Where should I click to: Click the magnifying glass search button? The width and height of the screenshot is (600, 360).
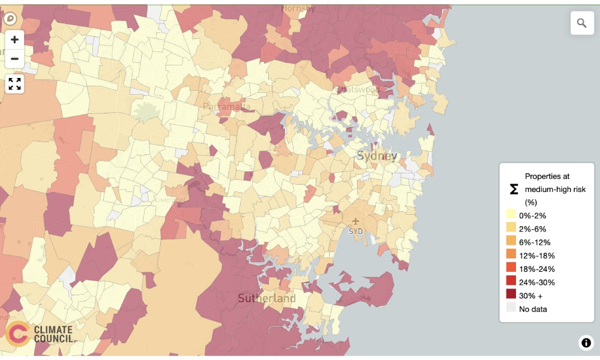pyautogui.click(x=581, y=23)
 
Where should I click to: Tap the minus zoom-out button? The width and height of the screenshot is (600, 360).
pyautogui.click(x=14, y=59)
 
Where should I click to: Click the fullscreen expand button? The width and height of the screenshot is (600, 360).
pyautogui.click(x=14, y=84)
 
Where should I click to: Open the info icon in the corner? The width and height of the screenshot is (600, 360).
pyautogui.click(x=586, y=343)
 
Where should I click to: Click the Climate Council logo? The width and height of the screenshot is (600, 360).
pyautogui.click(x=39, y=334)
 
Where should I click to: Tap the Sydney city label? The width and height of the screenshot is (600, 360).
pyautogui.click(x=377, y=156)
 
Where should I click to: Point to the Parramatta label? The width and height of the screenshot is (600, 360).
pyautogui.click(x=226, y=106)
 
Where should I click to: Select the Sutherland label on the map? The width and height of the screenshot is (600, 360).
pyautogui.click(x=266, y=298)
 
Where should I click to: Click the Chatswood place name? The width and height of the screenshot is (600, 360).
pyautogui.click(x=358, y=89)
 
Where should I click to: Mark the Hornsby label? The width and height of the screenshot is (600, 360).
pyautogui.click(x=298, y=8)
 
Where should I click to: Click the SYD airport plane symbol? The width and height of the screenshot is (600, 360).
pyautogui.click(x=355, y=221)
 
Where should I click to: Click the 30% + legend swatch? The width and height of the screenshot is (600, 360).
pyautogui.click(x=511, y=295)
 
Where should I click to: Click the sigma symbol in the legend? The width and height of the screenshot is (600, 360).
pyautogui.click(x=514, y=189)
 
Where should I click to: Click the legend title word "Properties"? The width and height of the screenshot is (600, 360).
pyautogui.click(x=547, y=176)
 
